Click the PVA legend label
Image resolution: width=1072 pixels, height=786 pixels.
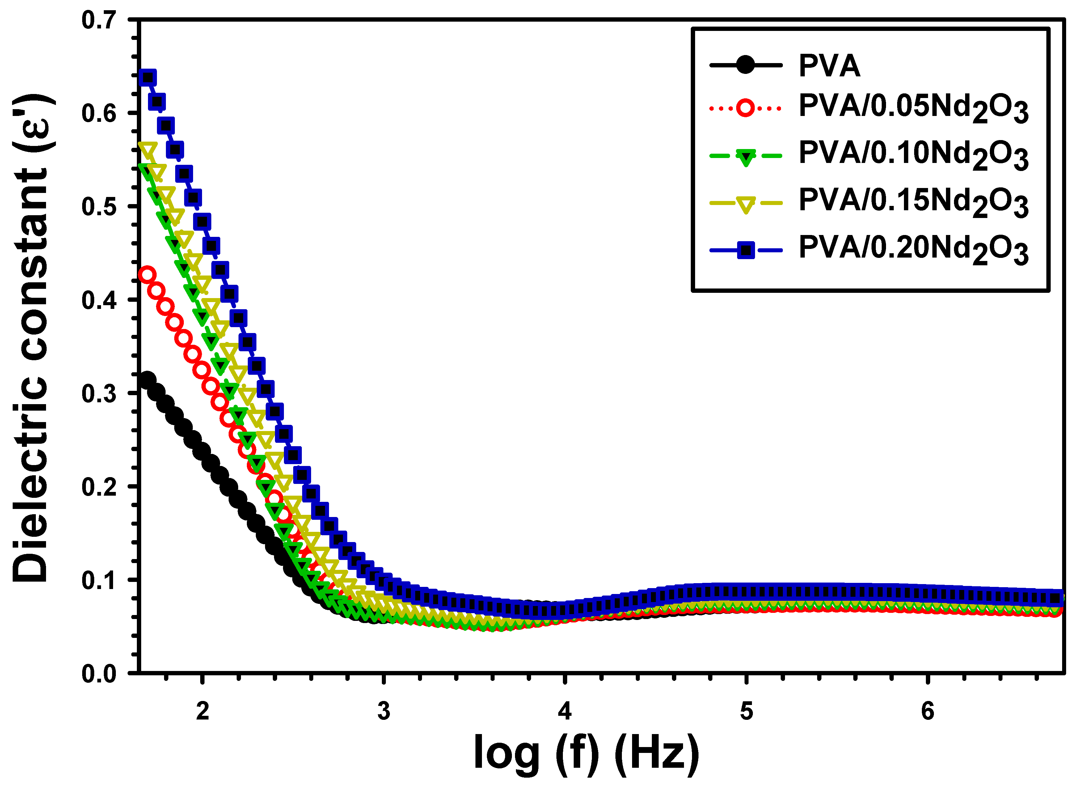[x=829, y=65]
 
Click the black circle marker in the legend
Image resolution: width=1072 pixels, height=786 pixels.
[x=745, y=65]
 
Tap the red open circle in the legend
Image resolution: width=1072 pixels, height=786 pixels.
[x=745, y=108]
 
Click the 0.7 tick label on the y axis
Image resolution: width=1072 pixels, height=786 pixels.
[x=99, y=20]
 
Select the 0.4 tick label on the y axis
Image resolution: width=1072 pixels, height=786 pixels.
[x=99, y=300]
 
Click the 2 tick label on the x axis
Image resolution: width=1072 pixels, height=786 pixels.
[x=203, y=711]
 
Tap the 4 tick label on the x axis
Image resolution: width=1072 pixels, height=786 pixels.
[x=565, y=711]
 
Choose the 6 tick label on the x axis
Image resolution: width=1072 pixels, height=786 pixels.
[x=927, y=711]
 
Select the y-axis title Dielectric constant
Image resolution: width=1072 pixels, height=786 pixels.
[x=31, y=338]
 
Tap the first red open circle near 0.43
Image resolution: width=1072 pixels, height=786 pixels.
[x=147, y=275]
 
